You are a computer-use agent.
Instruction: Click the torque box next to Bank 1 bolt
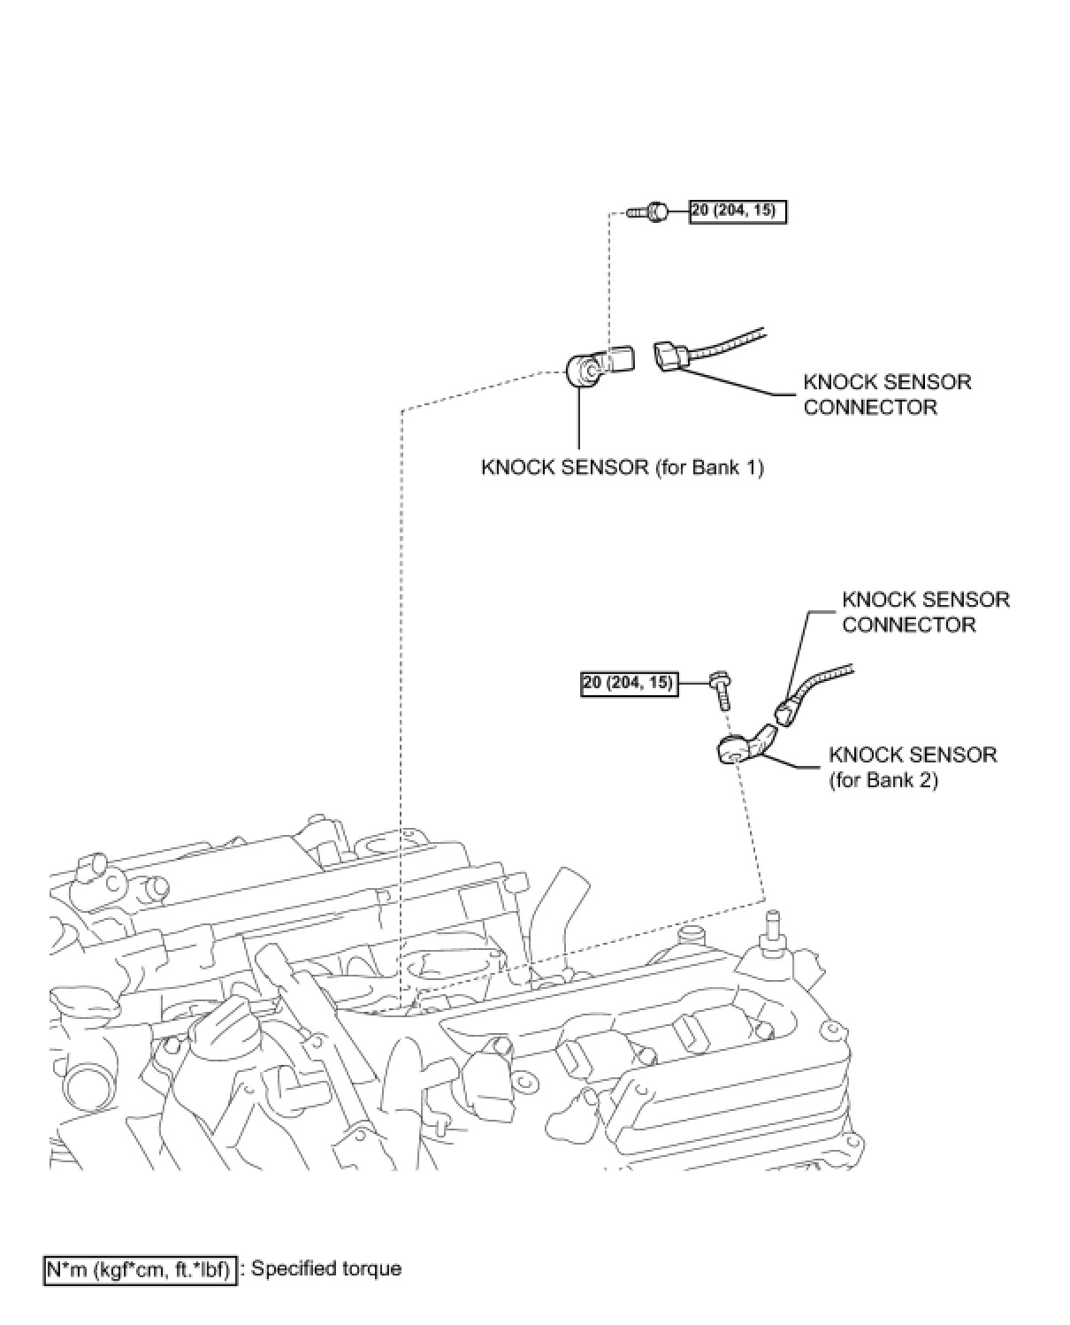click(738, 211)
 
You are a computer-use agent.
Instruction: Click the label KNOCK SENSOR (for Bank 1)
click(622, 467)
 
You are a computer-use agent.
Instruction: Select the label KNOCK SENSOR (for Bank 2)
click(912, 767)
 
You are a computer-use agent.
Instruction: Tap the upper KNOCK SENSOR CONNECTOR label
click(886, 394)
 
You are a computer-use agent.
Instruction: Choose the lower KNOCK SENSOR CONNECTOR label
click(925, 612)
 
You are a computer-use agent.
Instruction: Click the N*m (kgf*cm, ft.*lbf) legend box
click(140, 1269)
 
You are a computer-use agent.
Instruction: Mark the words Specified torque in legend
click(326, 1268)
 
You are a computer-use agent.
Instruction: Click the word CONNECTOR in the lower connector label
click(908, 624)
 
